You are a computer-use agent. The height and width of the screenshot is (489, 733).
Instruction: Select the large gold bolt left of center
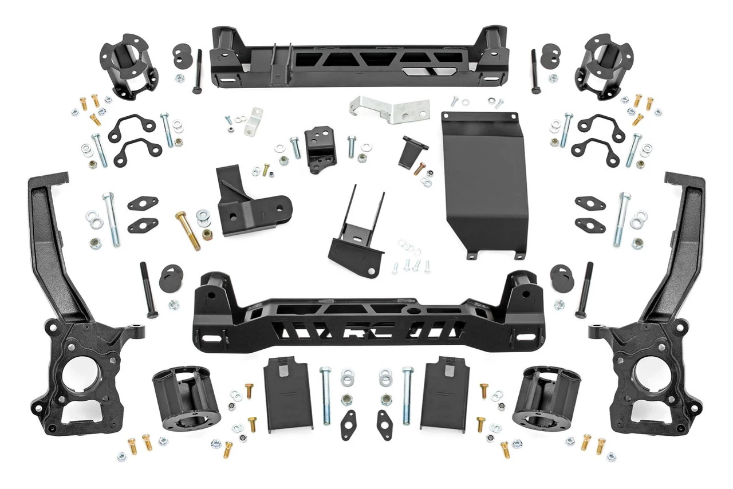pyautogui.click(x=188, y=230)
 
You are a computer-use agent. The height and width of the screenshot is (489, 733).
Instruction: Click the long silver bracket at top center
pyautogui.click(x=389, y=109)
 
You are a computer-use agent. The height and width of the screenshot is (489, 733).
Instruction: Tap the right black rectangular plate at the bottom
pyautogui.click(x=445, y=395)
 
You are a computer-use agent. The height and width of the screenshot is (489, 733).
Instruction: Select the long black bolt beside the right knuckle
pyautogui.click(x=585, y=290)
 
